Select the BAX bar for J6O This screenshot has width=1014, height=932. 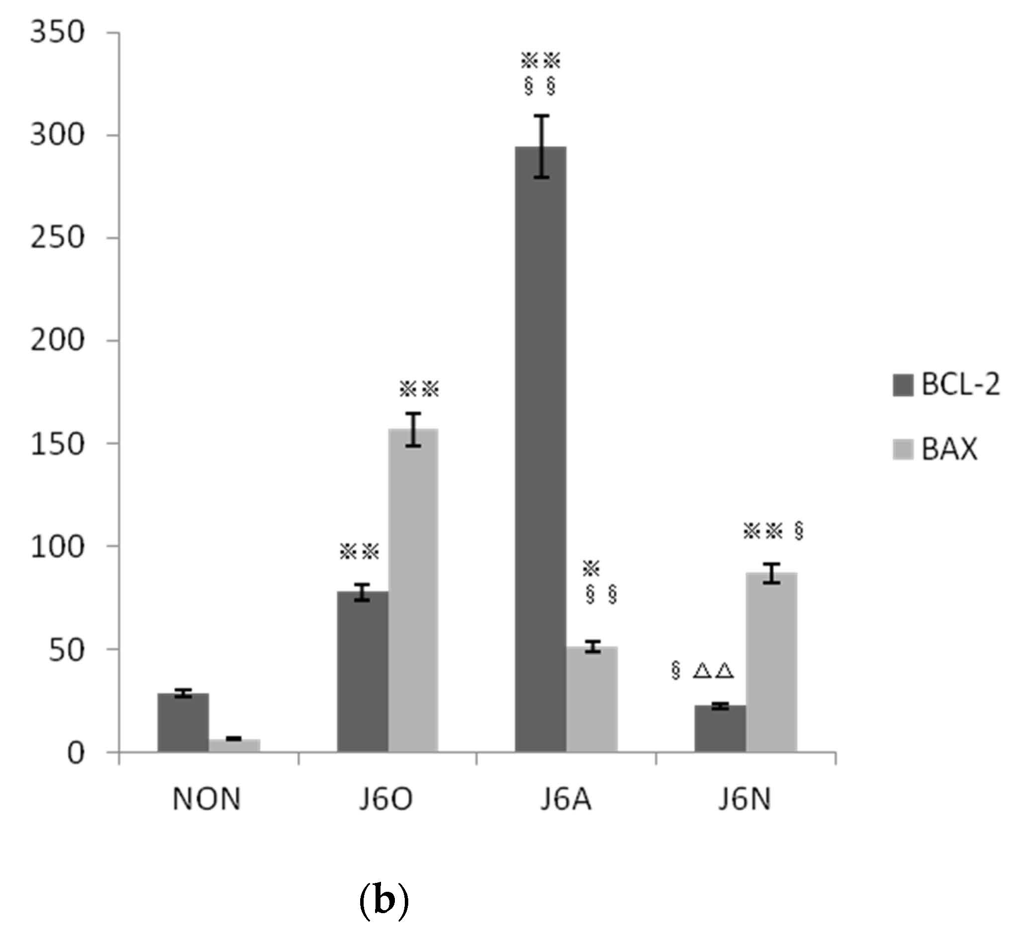[413, 590]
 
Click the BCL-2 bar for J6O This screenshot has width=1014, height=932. [362, 671]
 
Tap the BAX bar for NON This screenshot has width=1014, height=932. [234, 745]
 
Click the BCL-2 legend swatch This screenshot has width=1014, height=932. [902, 385]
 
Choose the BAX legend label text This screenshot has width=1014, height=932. [949, 448]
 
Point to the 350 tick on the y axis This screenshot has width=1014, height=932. [57, 33]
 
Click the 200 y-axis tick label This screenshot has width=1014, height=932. [57, 340]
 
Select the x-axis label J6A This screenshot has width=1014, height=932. [565, 800]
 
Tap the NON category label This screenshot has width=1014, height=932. [206, 800]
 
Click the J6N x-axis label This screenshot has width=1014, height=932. [745, 800]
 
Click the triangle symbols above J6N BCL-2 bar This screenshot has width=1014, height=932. [713, 671]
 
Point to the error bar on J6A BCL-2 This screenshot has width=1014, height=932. [541, 146]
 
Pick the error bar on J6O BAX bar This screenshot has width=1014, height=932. [413, 429]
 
